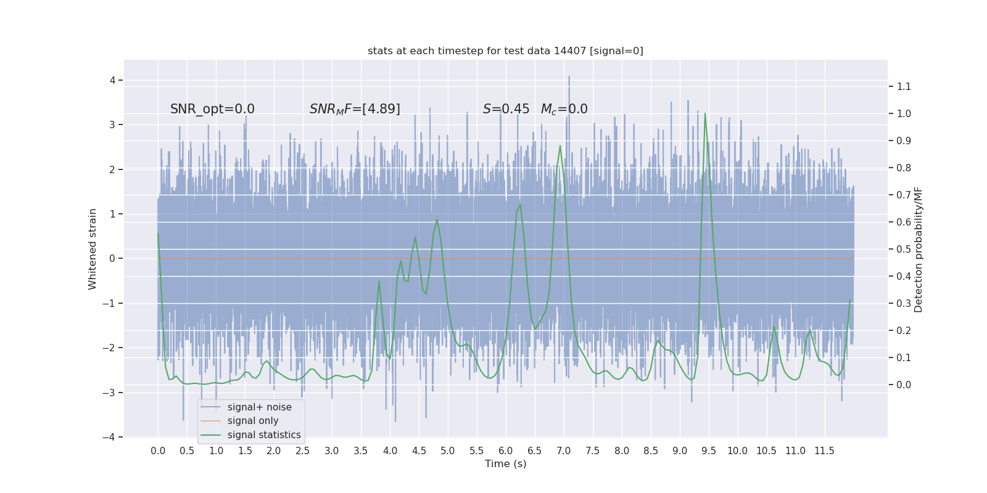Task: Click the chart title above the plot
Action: click(505, 51)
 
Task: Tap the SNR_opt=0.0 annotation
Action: click(212, 109)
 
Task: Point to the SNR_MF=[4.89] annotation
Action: click(355, 109)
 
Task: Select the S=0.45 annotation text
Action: click(506, 109)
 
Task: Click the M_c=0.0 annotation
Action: click(564, 109)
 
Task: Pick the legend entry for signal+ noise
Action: click(259, 407)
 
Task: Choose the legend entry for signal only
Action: click(253, 421)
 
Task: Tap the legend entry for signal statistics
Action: click(264, 435)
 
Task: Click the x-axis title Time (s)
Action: click(505, 464)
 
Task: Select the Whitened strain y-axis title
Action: click(93, 249)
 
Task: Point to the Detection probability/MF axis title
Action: click(919, 250)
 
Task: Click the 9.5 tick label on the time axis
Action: click(709, 451)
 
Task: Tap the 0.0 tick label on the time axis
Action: click(158, 451)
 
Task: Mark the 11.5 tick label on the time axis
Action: click(824, 451)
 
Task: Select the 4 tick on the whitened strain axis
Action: click(113, 80)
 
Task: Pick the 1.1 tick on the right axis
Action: click(904, 87)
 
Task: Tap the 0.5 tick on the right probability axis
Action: click(904, 250)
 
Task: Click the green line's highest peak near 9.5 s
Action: click(704, 113)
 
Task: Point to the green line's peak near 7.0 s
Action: click(560, 146)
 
